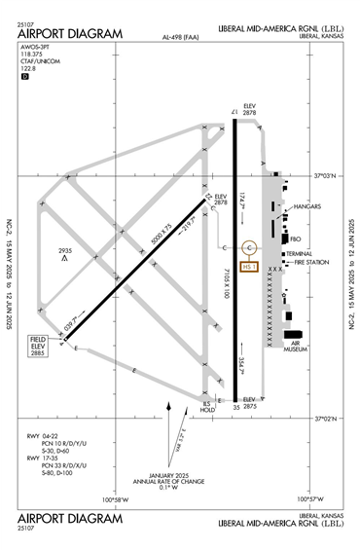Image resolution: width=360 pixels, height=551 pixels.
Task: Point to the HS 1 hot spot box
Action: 248,267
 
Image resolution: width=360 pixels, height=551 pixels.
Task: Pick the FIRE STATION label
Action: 311,262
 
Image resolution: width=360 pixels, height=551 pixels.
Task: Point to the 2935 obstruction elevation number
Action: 65,249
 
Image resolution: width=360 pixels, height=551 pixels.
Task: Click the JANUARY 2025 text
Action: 159,471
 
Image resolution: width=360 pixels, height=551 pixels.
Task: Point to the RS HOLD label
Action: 206,406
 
